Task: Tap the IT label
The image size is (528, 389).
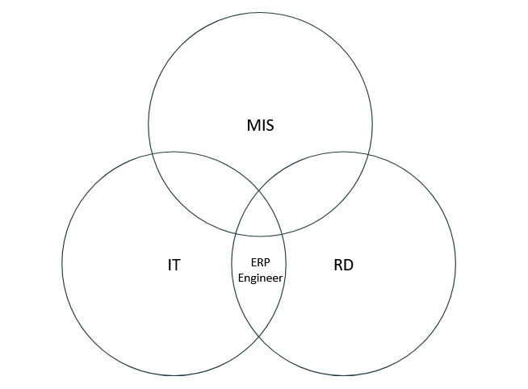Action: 174,264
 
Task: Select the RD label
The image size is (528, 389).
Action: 344,264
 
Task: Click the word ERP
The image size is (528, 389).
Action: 259,263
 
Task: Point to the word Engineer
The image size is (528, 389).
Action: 259,277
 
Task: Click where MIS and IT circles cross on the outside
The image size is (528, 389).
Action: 152,151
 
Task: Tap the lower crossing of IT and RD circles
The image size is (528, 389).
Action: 259,337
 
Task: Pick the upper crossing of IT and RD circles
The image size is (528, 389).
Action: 259,190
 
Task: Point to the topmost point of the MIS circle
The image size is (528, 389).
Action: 260,13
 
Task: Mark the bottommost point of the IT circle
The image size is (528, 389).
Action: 174,375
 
